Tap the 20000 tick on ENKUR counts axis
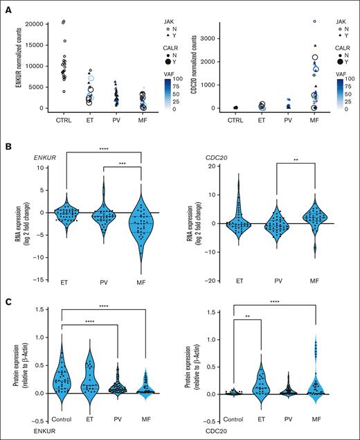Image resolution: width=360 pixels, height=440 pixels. click(x=35, y=24)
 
